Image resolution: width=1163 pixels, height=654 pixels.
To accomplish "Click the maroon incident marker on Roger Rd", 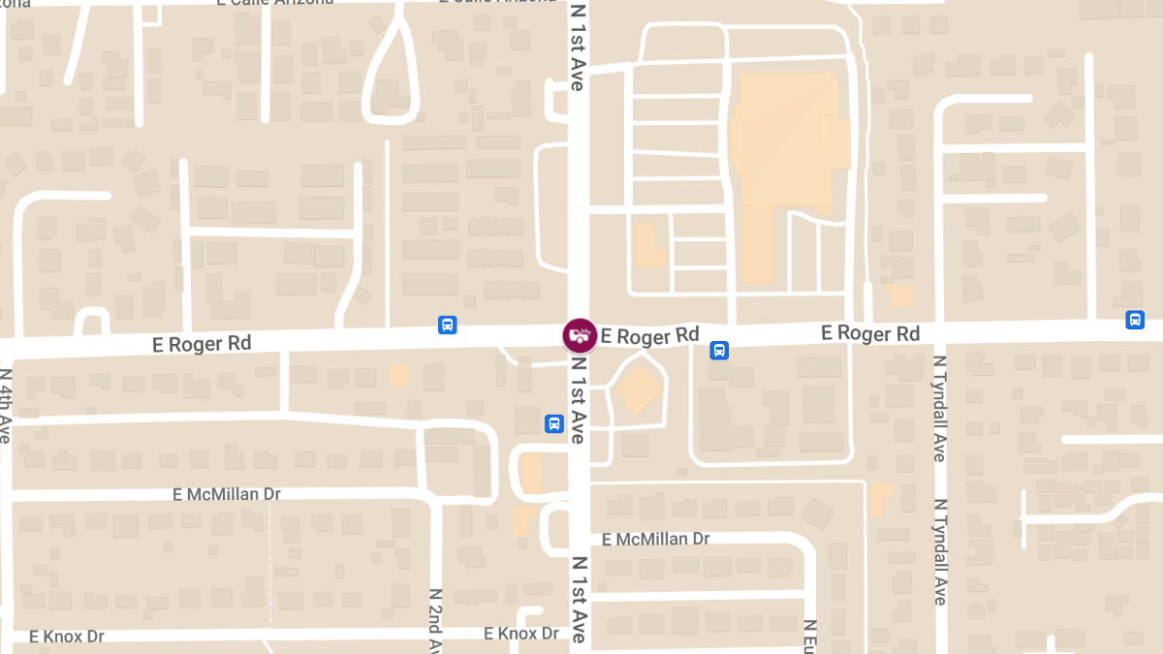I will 580,335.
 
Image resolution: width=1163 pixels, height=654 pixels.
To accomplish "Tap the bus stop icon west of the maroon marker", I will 448,325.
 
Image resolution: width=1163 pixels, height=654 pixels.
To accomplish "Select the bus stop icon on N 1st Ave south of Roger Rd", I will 553,423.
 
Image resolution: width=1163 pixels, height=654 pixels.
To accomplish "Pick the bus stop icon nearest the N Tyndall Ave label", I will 1135,320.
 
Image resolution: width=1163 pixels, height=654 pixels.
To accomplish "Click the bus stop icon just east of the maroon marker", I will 719,350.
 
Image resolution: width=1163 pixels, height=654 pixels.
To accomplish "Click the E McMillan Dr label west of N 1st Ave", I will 227,494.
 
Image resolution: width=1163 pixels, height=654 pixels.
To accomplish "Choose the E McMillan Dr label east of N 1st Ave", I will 656,539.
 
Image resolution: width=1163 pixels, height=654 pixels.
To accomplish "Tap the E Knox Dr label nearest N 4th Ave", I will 67,637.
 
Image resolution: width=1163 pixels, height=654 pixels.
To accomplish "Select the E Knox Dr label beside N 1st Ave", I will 521,634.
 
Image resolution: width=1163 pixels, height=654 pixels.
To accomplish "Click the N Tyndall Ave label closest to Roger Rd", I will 939,408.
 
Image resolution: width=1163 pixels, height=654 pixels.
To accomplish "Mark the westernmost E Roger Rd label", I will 202,343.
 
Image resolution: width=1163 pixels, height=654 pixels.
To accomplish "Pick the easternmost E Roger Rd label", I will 870,333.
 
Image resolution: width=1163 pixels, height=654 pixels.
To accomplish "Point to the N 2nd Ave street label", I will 436,620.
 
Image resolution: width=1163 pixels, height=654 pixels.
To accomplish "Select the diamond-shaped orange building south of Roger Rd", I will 639,390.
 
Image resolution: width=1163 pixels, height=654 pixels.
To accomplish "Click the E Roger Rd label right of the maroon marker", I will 649,336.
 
